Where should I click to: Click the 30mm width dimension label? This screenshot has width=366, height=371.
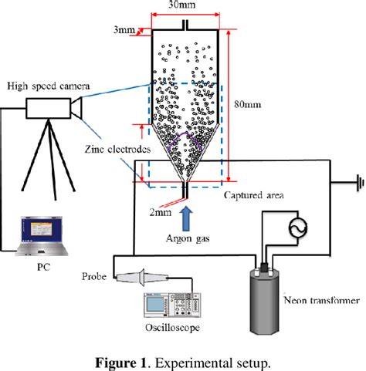click(x=183, y=6)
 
